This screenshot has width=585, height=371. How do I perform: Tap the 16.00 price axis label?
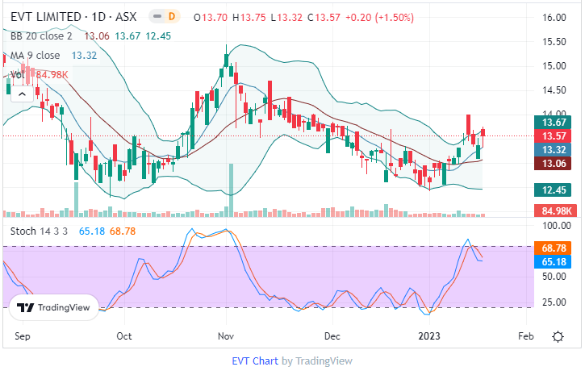tap(554, 17)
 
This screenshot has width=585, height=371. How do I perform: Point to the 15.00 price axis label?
tap(554, 65)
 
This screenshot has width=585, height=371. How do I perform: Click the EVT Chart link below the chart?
tap(254, 361)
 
